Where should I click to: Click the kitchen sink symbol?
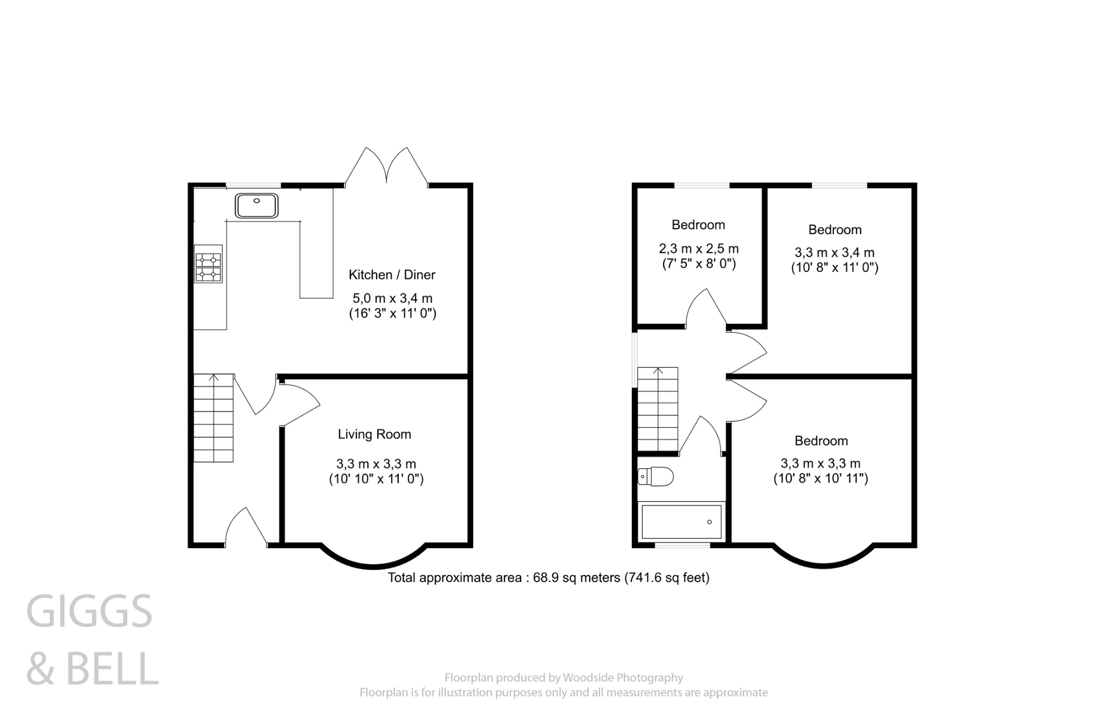(x=256, y=206)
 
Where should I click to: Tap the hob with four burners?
(x=208, y=268)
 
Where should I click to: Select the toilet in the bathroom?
(x=656, y=477)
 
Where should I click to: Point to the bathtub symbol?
(x=681, y=522)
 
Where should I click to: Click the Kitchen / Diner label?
(x=392, y=275)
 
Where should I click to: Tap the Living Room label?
(x=374, y=434)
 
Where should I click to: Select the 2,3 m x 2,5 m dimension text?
(x=699, y=249)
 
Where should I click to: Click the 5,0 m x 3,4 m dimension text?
(x=392, y=298)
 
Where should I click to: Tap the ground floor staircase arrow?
(x=214, y=378)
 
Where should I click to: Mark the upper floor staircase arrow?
(x=658, y=371)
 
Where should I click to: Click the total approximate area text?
(x=548, y=578)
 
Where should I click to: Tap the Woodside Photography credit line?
(x=563, y=678)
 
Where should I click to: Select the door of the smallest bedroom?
(x=706, y=309)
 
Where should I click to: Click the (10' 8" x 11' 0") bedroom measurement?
(x=835, y=268)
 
